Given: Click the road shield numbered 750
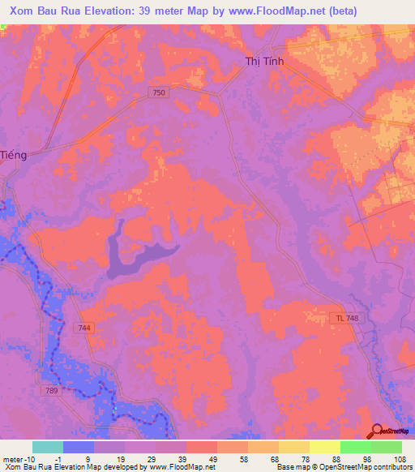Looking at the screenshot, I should pos(159,93).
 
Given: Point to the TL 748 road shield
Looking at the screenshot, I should pos(344,317).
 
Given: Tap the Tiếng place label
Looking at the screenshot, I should pos(14,155).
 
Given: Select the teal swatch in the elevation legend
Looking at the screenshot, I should pos(48,447).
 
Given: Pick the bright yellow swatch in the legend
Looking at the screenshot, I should pos(324,447).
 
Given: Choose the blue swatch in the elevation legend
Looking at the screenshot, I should pos(79,447).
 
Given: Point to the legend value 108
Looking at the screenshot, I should pos(398,458).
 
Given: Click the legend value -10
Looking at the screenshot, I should pos(30,458).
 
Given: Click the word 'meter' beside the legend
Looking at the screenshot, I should pos(13,458).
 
